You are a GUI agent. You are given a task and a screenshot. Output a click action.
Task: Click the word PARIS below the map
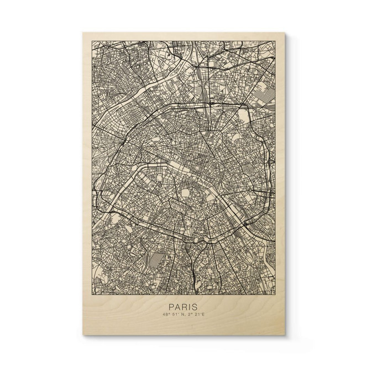pos(183,306)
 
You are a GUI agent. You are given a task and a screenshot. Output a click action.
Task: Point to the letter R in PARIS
pos(184,306)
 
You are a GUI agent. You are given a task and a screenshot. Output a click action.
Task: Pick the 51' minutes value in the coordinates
pos(175,316)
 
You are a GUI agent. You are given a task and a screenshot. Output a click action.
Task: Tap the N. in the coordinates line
pos(184,316)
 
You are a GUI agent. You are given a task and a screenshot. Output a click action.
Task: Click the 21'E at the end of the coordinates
pos(201,316)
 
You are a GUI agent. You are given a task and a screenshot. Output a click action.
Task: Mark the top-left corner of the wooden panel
pos(83,32)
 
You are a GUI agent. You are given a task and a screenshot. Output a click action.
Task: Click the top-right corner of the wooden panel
pos(285,32)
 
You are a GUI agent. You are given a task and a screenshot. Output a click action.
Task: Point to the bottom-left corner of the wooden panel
pos(83,335)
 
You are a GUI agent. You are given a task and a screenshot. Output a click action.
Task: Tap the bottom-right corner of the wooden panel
pos(285,335)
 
